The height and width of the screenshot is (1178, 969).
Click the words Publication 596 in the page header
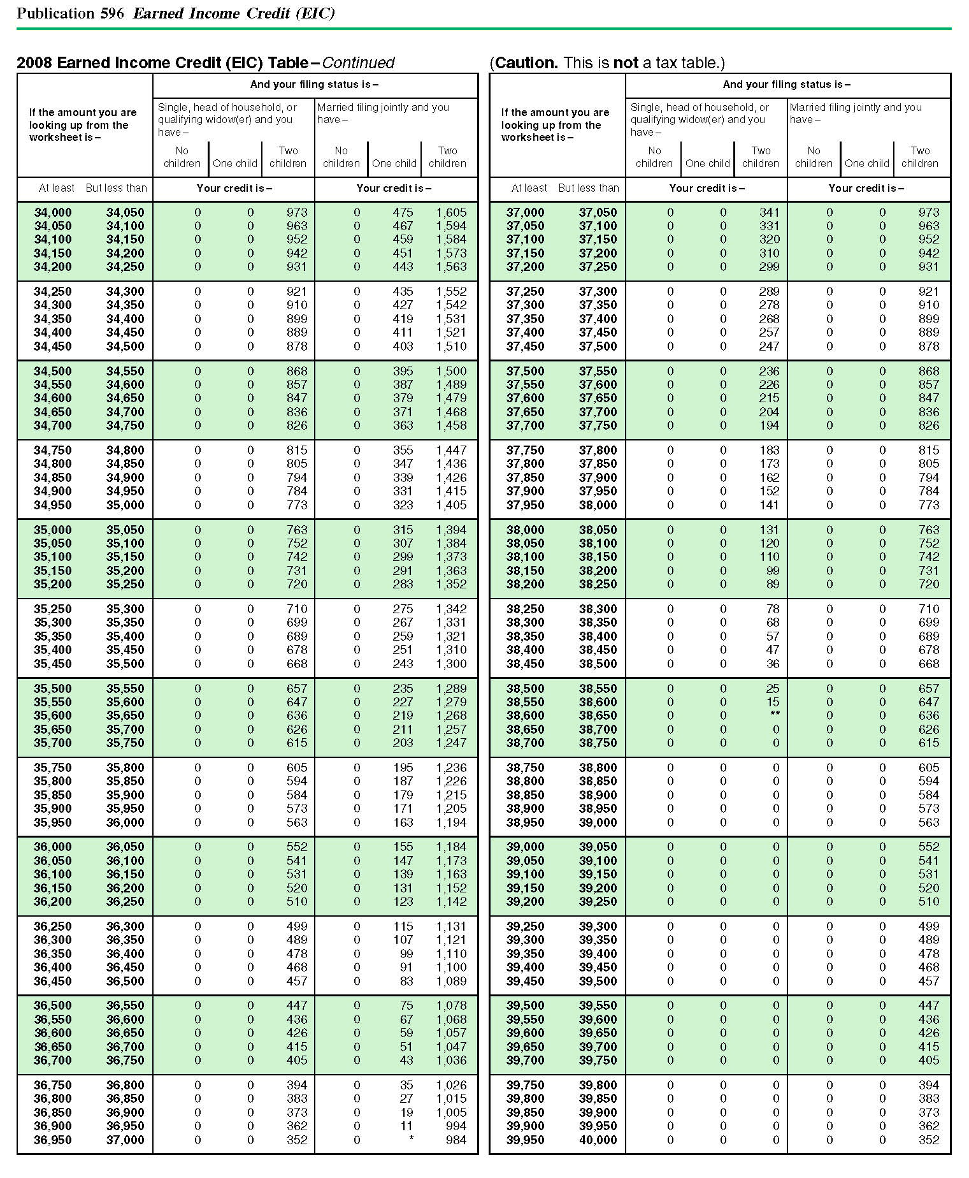click(70, 13)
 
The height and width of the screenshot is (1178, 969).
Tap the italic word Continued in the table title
click(358, 62)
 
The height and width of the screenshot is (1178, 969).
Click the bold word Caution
click(526, 62)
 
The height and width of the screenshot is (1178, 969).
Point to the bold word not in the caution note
click(625, 62)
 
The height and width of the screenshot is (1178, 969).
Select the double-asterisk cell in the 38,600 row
click(775, 715)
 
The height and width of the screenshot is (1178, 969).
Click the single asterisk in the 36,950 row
click(411, 1138)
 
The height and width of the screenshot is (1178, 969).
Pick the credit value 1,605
click(451, 212)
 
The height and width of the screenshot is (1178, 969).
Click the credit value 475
click(403, 212)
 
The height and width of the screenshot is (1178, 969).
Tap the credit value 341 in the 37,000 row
click(769, 212)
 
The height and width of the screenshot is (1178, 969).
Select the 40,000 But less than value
click(598, 1140)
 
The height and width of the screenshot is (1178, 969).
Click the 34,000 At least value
click(53, 212)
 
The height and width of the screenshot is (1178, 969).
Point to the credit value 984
click(456, 1140)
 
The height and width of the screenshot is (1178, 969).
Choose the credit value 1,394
click(451, 530)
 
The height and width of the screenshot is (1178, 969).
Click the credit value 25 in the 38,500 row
click(772, 688)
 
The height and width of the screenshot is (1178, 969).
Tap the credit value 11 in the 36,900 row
click(406, 1126)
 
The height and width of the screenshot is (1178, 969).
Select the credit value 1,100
click(451, 967)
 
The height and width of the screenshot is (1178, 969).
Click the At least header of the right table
click(529, 188)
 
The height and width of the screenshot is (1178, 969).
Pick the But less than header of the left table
click(116, 188)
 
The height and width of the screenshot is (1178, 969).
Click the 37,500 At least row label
click(526, 371)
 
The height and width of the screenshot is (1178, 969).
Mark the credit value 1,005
click(451, 1112)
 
